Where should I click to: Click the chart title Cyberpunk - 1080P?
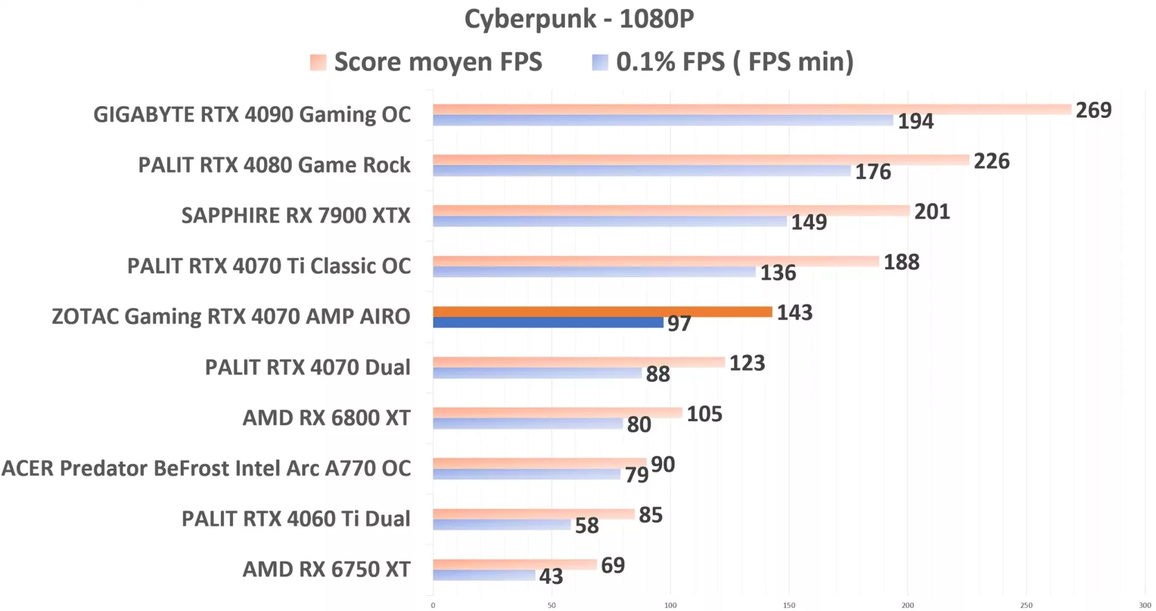coord(579,19)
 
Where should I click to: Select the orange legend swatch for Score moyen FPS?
coord(318,62)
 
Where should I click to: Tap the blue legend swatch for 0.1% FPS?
coord(599,62)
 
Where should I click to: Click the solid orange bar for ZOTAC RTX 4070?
coord(602,312)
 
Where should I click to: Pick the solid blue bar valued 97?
coord(548,322)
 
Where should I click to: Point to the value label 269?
coord(1093,110)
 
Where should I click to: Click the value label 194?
coord(916,121)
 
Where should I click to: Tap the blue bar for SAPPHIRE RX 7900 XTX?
coord(610,221)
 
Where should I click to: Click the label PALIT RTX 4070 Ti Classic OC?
coord(269,266)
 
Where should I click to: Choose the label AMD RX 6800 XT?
coord(326,418)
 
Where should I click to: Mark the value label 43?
coord(551,576)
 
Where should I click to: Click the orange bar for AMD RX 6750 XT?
coord(514,564)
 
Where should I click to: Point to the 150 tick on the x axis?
coord(789,605)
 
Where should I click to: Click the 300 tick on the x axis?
coord(1144,605)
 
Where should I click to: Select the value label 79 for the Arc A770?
coord(636,475)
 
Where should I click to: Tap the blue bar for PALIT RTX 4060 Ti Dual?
coord(501,525)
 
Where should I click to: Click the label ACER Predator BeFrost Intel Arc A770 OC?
coord(206,468)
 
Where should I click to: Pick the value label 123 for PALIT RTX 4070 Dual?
coord(747,363)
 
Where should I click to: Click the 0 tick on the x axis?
coord(433,605)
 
